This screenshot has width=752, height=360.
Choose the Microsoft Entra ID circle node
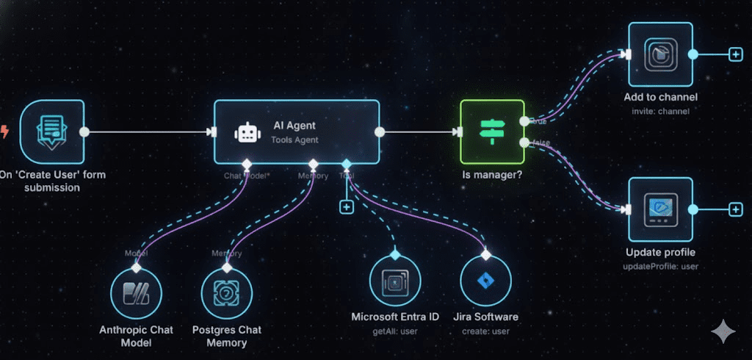click(395, 283)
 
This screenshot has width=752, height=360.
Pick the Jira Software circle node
click(485, 283)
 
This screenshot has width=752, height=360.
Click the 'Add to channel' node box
click(660, 55)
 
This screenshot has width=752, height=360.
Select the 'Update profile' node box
click(660, 209)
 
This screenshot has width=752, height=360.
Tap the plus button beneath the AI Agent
click(347, 207)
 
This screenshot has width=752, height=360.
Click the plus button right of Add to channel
click(735, 54)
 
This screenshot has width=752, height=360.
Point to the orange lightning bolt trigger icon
click(6, 132)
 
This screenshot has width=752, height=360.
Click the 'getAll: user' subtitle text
click(395, 332)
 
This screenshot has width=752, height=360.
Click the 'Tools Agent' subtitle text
click(295, 140)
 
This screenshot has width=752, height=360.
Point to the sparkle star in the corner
click(723, 331)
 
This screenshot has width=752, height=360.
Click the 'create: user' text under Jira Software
click(485, 332)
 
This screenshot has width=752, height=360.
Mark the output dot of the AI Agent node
click(380, 132)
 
